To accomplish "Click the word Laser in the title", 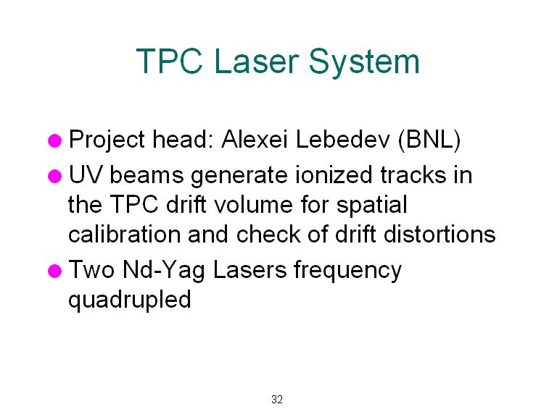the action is point(257,61).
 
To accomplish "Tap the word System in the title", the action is point(364,63).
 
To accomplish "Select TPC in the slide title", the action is point(170,61).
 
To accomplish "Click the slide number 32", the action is point(277,400).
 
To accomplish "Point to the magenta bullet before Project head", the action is point(54,140).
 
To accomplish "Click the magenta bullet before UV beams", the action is point(54,176).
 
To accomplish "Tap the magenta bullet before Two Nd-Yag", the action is point(54,271).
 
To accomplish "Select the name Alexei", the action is point(254,139).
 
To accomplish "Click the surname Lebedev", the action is point(342,139).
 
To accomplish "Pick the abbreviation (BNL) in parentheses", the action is point(429,140).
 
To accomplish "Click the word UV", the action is point(86,174).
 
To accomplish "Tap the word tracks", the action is point(413,174).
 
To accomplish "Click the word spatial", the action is point(371,206).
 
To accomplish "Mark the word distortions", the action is point(440,234).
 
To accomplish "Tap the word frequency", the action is point(347,271).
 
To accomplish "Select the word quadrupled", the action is point(130,300).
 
